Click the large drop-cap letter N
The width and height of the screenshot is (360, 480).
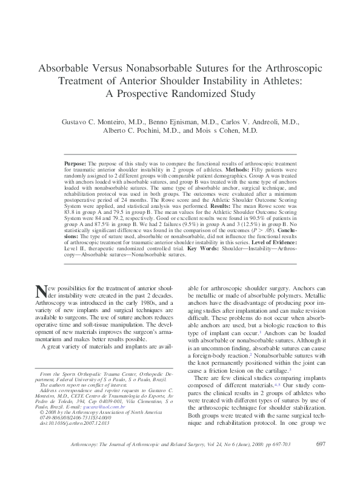[x=41, y=292]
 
